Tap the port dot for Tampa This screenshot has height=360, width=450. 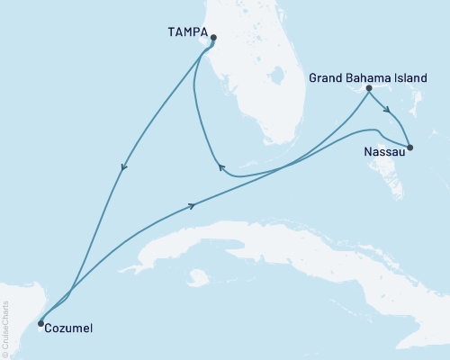[x=213, y=38]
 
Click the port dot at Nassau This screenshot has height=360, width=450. [x=409, y=148]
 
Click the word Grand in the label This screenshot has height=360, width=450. [x=325, y=78]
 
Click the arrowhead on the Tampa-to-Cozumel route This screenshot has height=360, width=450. [x=121, y=166]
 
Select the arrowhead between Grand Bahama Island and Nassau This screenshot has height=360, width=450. [x=387, y=112]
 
